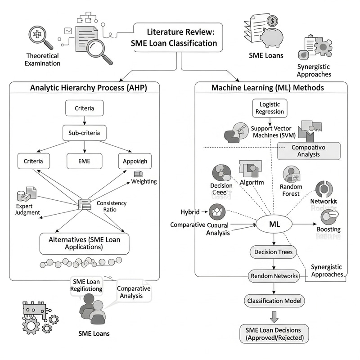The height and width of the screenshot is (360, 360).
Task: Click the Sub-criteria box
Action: coord(85,134)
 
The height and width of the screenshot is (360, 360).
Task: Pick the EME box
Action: coord(85,161)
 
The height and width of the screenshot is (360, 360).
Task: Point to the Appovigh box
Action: coord(135,161)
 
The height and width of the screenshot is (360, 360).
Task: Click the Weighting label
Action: coord(144,181)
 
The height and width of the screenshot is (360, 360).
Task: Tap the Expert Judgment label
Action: coord(24,209)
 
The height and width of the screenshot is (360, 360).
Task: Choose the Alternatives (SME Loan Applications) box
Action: coord(85,243)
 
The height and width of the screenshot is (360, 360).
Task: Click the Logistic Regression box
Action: coord(270,108)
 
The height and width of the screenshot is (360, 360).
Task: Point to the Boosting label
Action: coord(328,229)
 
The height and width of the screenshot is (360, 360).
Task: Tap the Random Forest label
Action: coord(291,190)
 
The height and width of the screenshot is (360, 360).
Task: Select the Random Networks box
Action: coord(274,276)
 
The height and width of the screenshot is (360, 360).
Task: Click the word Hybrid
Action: coord(190,212)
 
